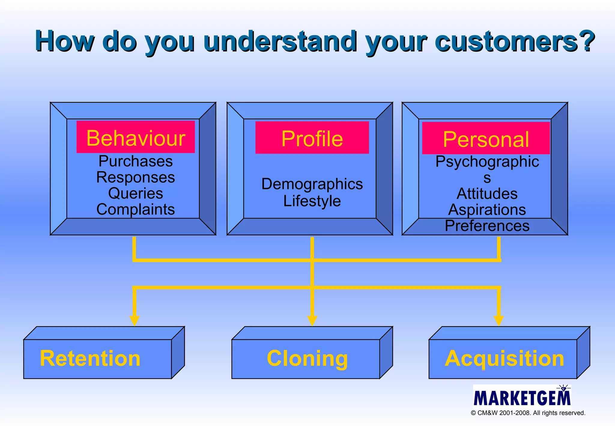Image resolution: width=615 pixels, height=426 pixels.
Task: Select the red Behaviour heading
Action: coord(136,138)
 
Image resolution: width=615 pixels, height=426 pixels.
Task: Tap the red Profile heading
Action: coord(312,138)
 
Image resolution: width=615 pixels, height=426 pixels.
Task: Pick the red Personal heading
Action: coord(486,139)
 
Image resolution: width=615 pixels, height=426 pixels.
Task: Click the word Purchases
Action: coord(136,161)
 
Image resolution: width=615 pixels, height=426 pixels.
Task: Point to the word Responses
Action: coord(136,177)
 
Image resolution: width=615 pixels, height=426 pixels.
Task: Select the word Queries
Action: coord(136,193)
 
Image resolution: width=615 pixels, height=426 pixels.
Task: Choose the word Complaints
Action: coord(136,209)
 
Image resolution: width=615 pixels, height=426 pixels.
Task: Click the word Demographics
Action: coord(312,184)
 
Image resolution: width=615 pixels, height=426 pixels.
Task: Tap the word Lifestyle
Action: coord(312,201)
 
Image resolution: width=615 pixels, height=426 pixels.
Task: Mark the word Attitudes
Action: coord(487,193)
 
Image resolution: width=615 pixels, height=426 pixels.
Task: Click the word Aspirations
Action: coord(487,210)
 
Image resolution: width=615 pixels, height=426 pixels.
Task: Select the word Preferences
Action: coord(487,226)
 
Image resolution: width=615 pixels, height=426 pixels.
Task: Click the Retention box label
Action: coord(90,358)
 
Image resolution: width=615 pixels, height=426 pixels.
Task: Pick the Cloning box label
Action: coord(307,358)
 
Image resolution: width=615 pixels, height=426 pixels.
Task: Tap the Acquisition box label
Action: coord(504,358)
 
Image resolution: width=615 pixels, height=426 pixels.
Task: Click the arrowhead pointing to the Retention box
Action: coord(134,321)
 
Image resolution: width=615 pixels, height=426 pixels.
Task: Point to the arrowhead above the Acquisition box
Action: coord(498,321)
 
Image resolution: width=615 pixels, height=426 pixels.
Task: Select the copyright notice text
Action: coord(528,413)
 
